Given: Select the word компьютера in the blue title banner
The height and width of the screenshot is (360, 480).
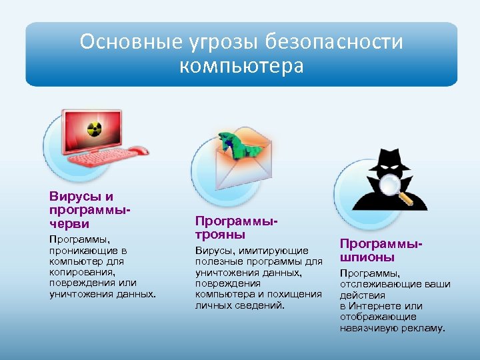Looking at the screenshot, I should pyautogui.click(x=241, y=67).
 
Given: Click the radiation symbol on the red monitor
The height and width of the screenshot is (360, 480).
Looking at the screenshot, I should pyautogui.click(x=93, y=131).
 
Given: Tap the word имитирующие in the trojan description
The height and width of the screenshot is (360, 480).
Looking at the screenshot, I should pyautogui.click(x=281, y=250).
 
